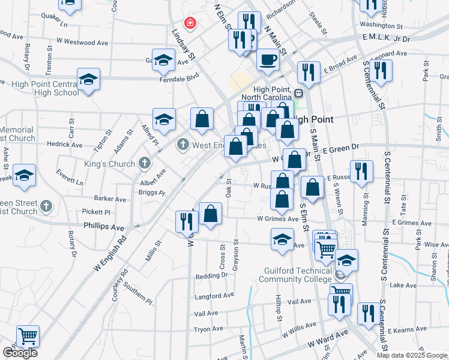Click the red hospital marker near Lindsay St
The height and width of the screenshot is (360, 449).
[190, 23]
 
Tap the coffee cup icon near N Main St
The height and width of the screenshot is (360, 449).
[268, 59]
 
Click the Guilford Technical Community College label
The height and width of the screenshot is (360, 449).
[298, 275]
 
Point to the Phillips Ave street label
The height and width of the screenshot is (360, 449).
[104, 227]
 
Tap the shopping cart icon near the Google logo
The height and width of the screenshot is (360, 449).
[28, 336]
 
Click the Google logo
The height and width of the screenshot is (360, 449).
[20, 353]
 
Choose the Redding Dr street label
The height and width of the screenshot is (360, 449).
[211, 276]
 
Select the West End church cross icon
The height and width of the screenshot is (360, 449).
[182, 145]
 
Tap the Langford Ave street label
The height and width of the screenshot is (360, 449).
[214, 295]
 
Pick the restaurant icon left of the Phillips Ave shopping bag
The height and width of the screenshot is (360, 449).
[184, 221]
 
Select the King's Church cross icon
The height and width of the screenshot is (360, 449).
[143, 163]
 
